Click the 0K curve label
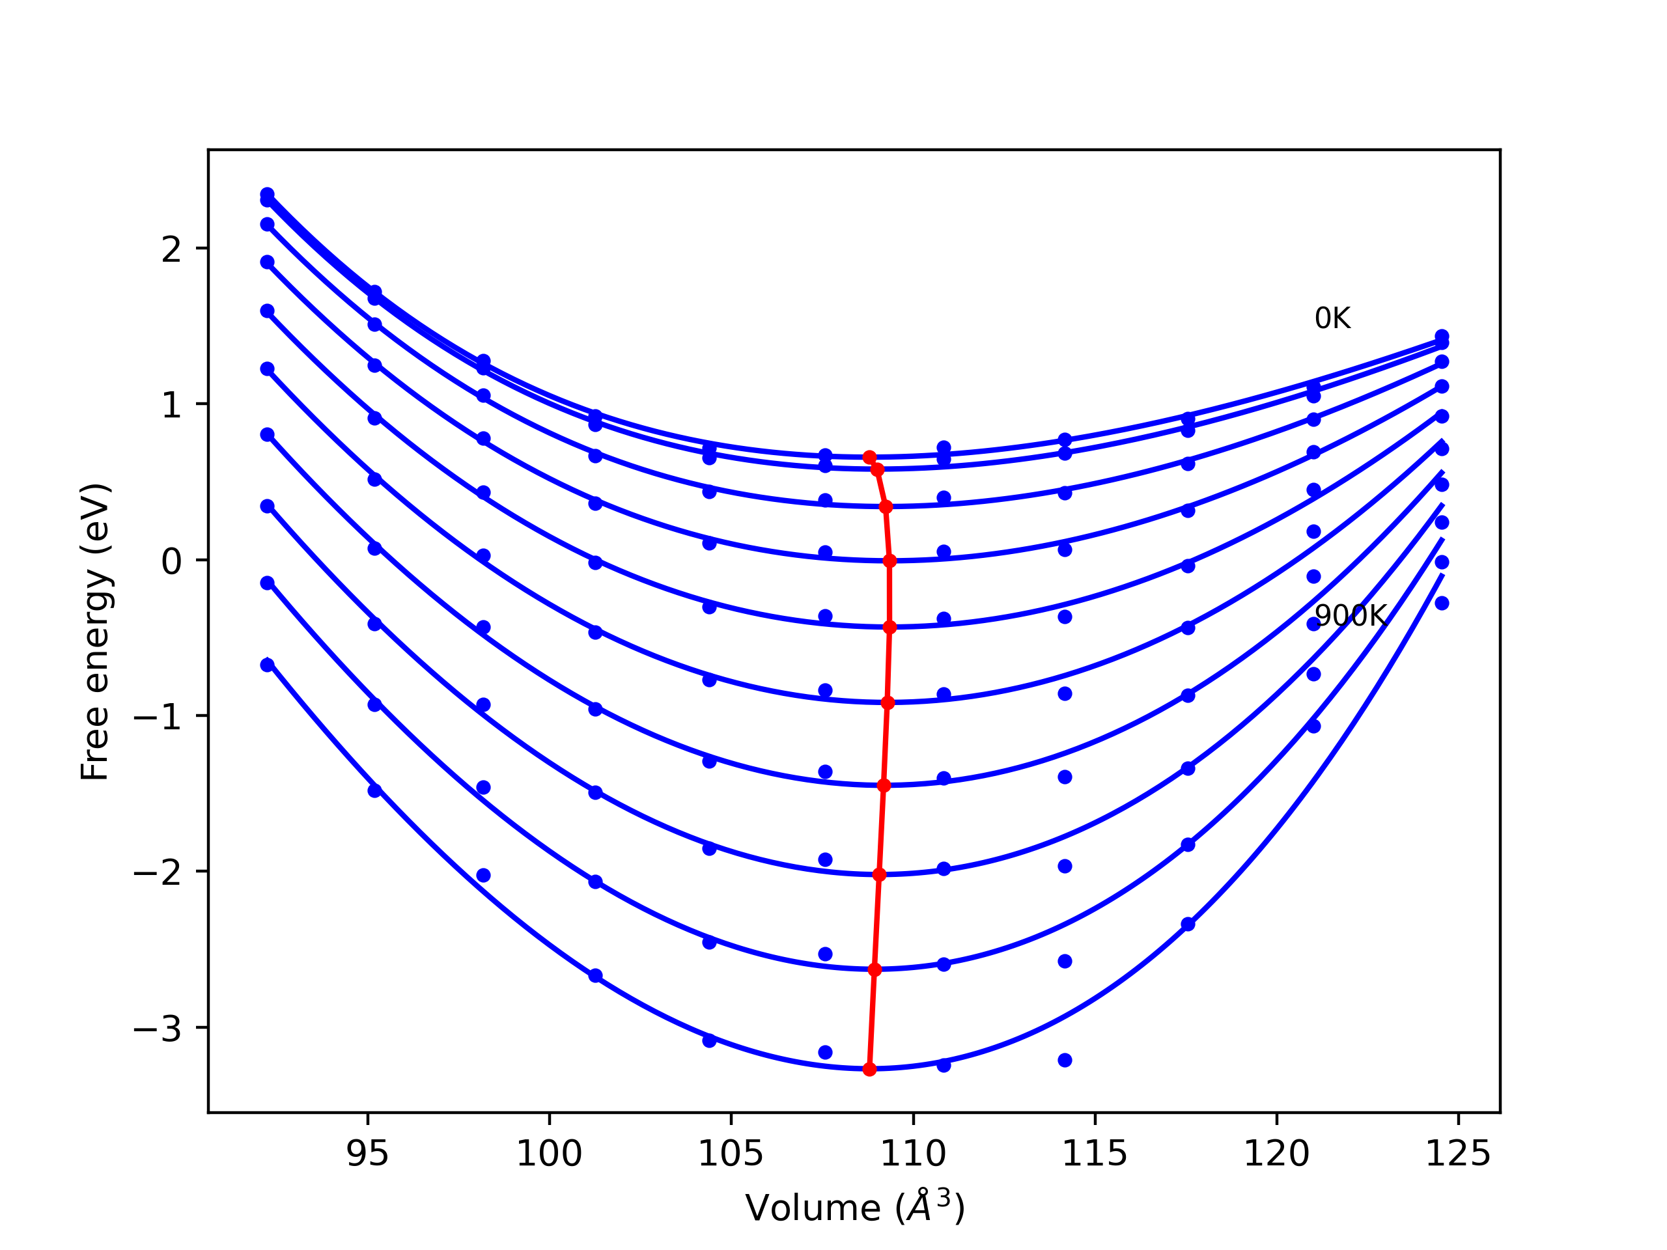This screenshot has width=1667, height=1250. point(1332,319)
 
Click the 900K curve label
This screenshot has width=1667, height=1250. point(1350,617)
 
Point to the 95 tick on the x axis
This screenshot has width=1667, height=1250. point(367,1154)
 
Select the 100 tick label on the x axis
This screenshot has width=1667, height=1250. point(549,1154)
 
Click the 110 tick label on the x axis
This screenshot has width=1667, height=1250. point(913,1154)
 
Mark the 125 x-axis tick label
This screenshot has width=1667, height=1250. point(1457,1154)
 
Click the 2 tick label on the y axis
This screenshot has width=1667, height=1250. point(171,249)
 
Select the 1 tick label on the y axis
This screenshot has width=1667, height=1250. point(171,406)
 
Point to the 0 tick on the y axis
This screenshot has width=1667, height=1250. point(171,561)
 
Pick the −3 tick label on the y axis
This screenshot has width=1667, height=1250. point(158,1029)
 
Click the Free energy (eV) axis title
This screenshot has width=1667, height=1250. point(96,632)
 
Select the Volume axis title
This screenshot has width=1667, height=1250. point(854,1208)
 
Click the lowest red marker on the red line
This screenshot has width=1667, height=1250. point(870,1069)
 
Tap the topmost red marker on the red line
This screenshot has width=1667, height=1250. point(870,457)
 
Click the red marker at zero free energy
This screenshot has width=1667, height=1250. point(890,561)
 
